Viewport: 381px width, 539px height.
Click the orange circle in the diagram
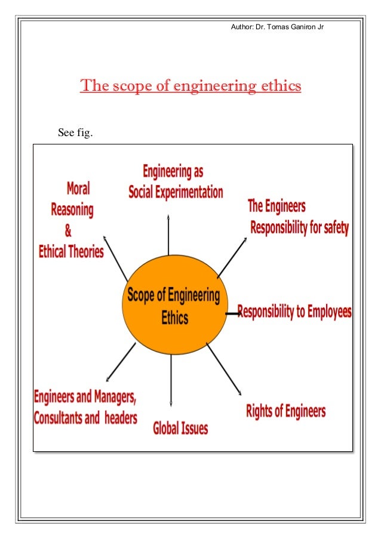[172, 305]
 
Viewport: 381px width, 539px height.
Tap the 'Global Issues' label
[180, 428]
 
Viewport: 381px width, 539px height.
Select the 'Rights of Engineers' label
[285, 411]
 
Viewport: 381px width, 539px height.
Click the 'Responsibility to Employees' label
[294, 312]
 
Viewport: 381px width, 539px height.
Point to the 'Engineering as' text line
[173, 172]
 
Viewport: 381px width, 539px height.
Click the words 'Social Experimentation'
[176, 192]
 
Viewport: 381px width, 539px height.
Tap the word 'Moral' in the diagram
[78, 189]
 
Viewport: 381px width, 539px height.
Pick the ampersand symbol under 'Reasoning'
[67, 231]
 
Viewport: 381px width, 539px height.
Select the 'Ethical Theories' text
[71, 252]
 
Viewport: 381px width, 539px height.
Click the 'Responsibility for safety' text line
[299, 227]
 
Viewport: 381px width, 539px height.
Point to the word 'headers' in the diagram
[121, 418]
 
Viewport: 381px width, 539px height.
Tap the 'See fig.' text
[75, 132]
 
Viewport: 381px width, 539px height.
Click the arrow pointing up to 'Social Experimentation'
[168, 236]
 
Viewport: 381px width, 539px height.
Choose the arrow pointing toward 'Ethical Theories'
[115, 255]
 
